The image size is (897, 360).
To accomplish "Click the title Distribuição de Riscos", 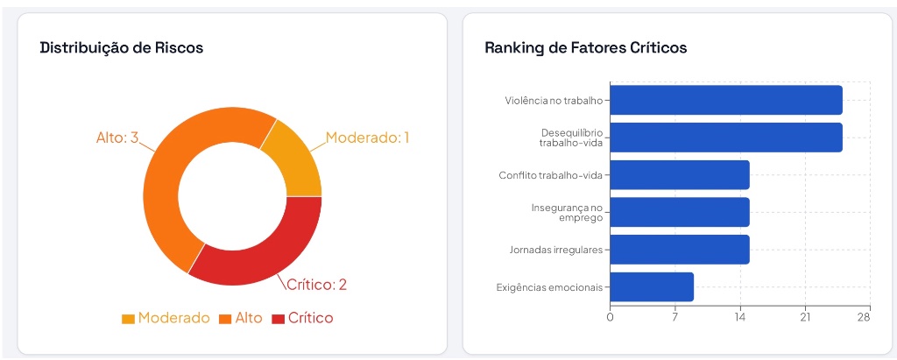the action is (x=121, y=48).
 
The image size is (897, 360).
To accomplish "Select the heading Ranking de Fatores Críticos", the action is (x=586, y=47).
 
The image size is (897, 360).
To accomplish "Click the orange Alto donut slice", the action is (x=177, y=172).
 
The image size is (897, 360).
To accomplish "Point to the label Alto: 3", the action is (x=117, y=138).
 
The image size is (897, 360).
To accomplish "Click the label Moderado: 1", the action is (x=368, y=138).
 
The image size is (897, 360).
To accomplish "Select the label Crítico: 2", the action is (x=316, y=285).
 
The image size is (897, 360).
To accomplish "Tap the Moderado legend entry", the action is (x=166, y=318).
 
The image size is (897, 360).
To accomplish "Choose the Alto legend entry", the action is (x=241, y=318).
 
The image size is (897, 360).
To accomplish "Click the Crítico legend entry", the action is (x=302, y=318).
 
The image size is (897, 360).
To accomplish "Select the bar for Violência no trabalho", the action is (x=726, y=100).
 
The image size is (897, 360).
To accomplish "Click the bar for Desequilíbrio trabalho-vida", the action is (x=726, y=138).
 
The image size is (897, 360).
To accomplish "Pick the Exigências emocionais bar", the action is (x=652, y=286).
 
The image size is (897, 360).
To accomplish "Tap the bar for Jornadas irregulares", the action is (x=680, y=250).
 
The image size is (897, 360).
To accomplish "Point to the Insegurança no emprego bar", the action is (x=680, y=212).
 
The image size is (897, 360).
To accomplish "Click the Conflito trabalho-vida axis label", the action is (x=550, y=175).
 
